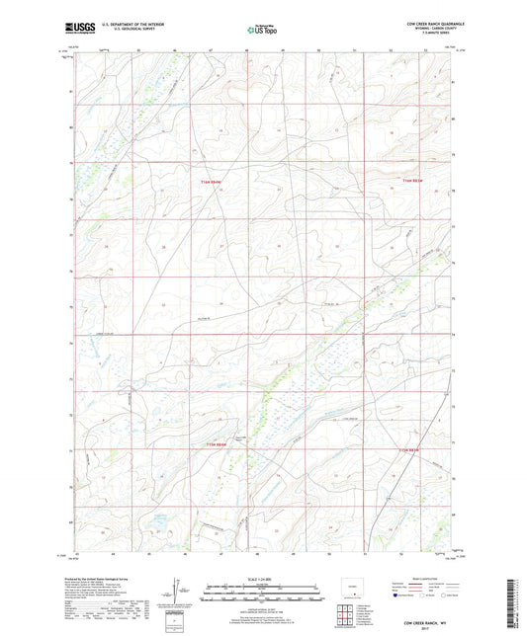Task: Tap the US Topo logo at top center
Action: pyautogui.click(x=262, y=29)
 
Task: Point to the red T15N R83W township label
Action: pyautogui.click(x=410, y=450)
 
